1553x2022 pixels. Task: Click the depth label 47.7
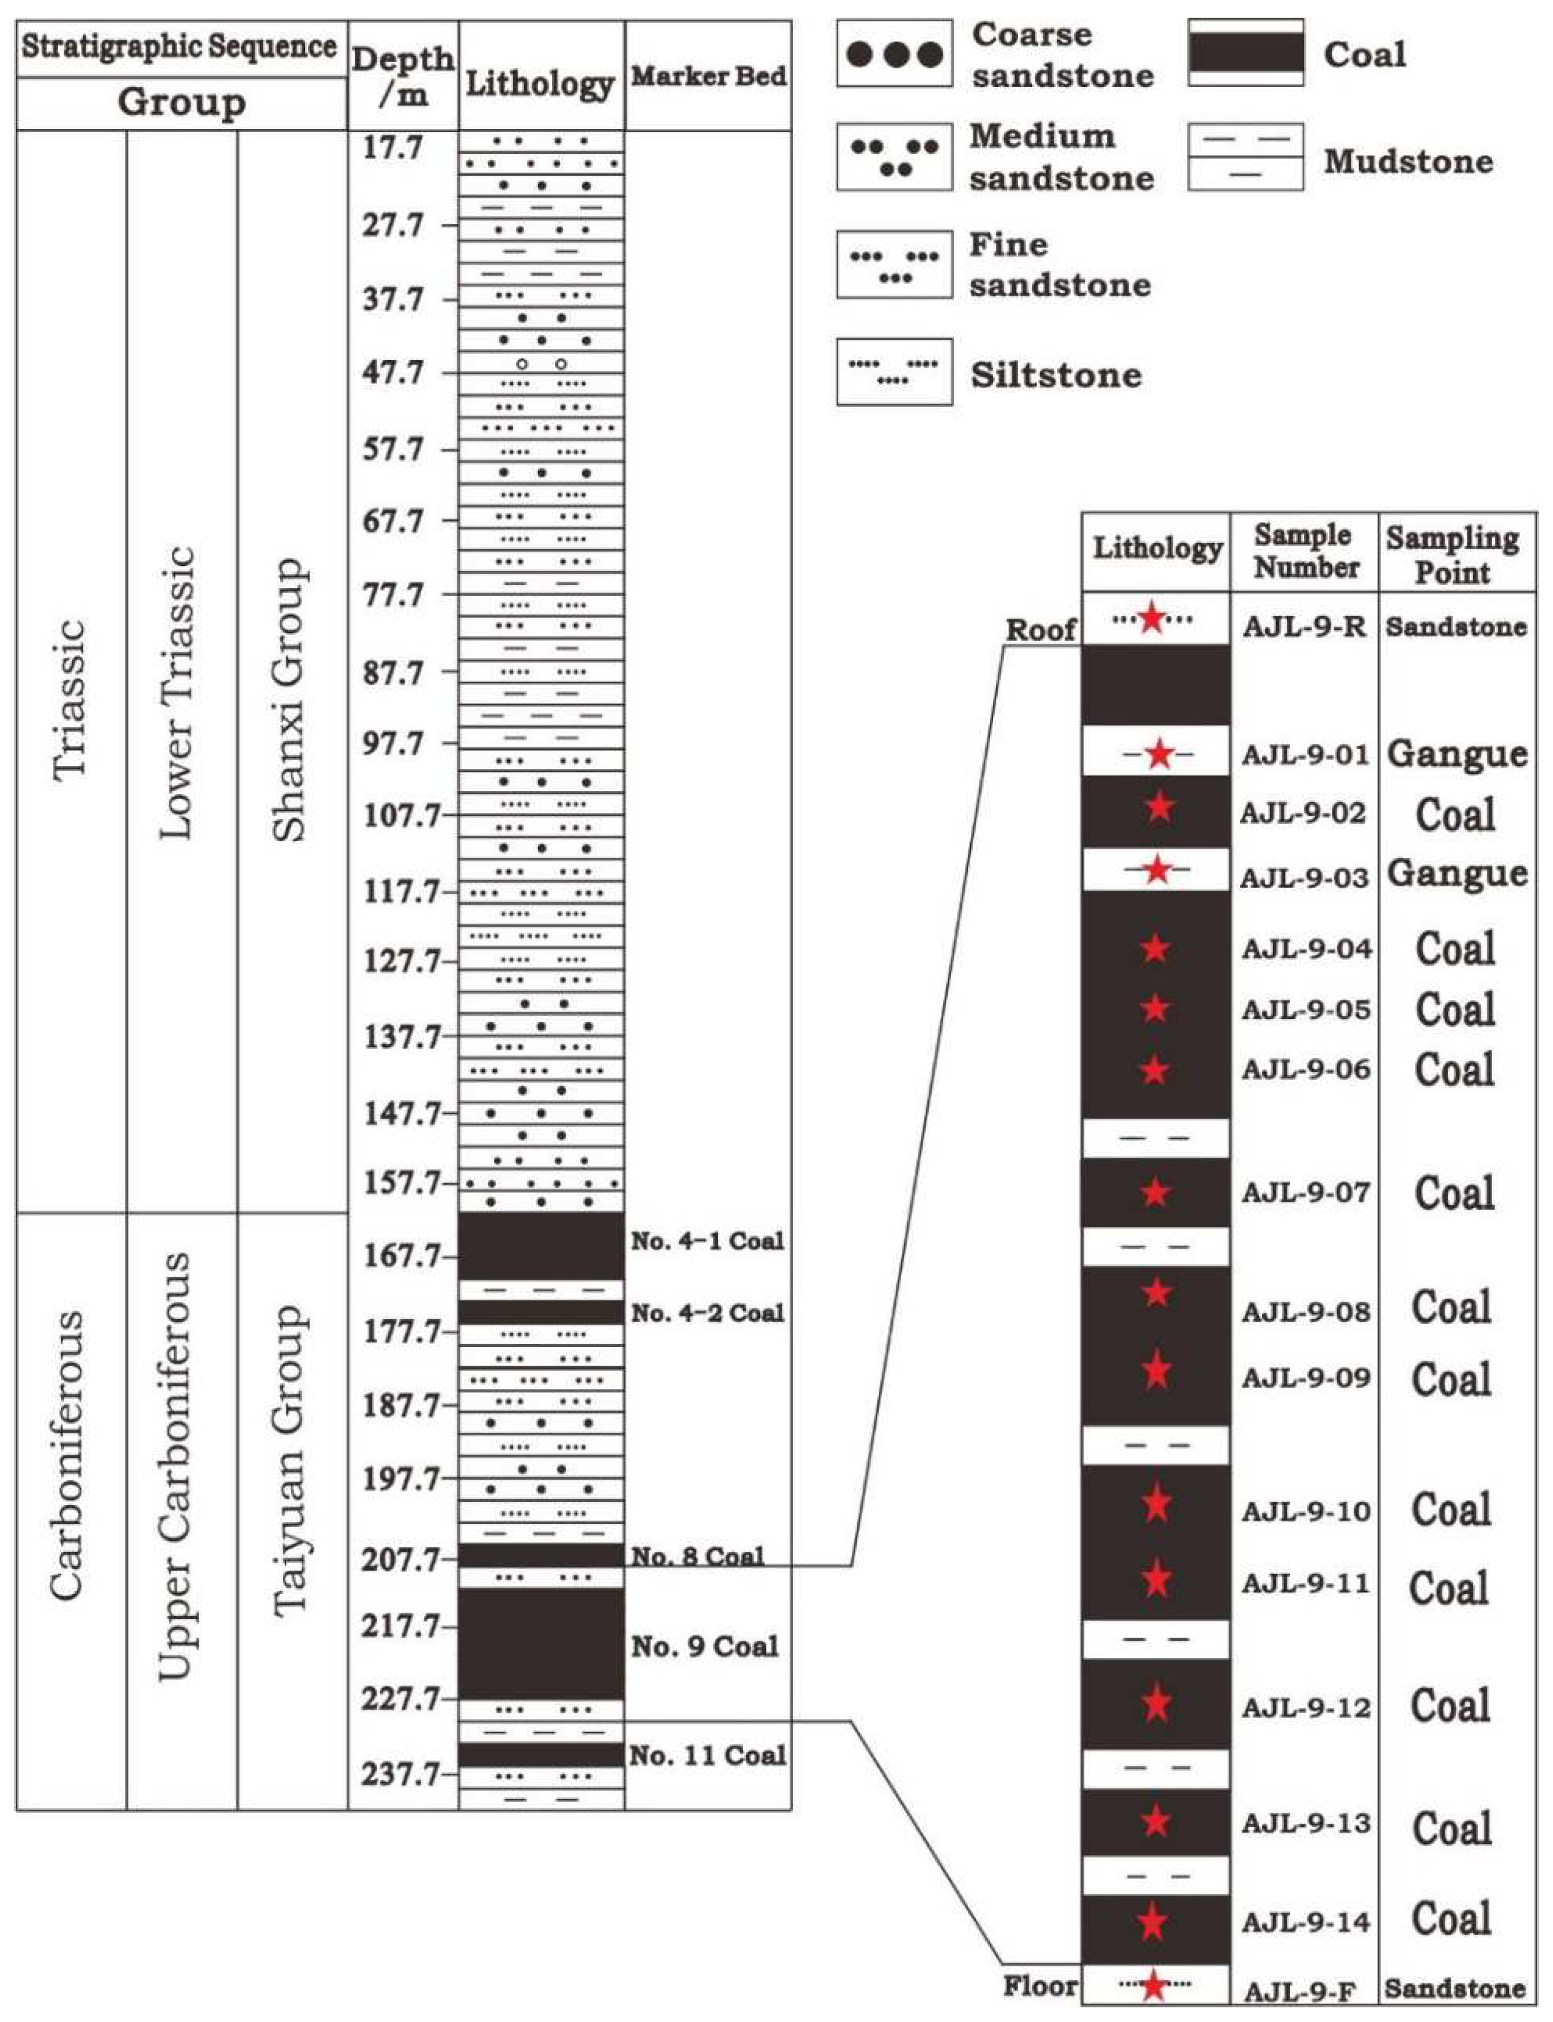393,373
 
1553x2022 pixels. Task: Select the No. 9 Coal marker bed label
704,1646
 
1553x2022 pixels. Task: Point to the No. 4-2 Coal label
707,1312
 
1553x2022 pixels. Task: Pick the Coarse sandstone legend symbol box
894,54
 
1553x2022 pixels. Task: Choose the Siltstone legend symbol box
894,372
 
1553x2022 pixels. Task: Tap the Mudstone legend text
1408,162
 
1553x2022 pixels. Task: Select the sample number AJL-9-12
1305,1708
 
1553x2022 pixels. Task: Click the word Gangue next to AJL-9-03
1457,873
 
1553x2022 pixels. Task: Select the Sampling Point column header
1452,554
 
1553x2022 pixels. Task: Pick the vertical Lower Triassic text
177,693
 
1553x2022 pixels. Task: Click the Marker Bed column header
708,76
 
